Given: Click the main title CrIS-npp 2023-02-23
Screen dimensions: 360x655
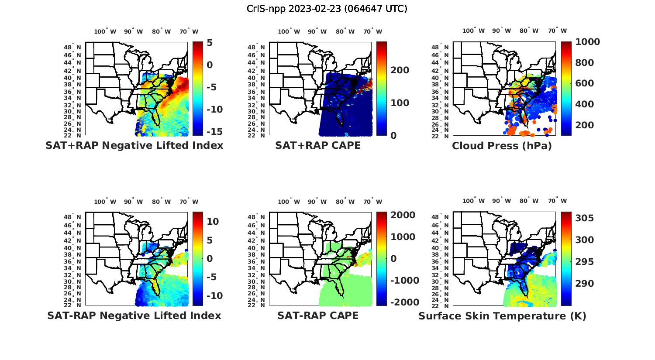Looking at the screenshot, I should click(327, 8).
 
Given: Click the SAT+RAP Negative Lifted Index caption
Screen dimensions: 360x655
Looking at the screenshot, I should click(134, 145).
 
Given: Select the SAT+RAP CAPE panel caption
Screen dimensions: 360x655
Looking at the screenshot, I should click(318, 145).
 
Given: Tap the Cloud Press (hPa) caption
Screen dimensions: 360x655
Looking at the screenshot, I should click(502, 146).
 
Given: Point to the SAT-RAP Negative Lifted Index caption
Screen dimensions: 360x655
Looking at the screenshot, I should click(134, 315).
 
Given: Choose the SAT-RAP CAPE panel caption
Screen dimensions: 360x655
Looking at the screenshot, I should click(318, 315).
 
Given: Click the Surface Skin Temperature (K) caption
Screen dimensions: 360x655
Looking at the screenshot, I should click(502, 316).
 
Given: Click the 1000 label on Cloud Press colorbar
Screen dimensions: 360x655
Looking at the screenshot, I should click(587, 42).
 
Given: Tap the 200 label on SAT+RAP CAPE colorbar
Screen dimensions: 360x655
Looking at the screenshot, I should click(400, 70).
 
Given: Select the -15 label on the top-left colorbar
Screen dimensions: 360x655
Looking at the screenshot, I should click(214, 132).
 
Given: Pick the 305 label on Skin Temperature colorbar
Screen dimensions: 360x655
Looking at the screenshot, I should click(584, 218).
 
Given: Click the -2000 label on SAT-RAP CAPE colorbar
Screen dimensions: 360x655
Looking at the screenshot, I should click(404, 302).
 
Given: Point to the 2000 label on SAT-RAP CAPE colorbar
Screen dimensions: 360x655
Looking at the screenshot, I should click(403, 215).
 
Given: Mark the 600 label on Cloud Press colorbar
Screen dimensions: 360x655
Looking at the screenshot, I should click(584, 83).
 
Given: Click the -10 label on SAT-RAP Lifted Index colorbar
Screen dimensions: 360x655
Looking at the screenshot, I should click(214, 296).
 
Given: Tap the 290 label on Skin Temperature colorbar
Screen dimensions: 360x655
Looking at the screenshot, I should click(584, 284).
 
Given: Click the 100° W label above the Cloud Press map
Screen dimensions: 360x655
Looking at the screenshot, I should click(474, 31).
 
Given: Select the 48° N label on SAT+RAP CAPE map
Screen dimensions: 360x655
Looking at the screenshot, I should click(256, 48).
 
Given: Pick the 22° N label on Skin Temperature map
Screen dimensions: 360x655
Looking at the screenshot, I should click(440, 305).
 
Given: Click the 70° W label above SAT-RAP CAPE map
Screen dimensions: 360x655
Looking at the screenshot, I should click(372, 202).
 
